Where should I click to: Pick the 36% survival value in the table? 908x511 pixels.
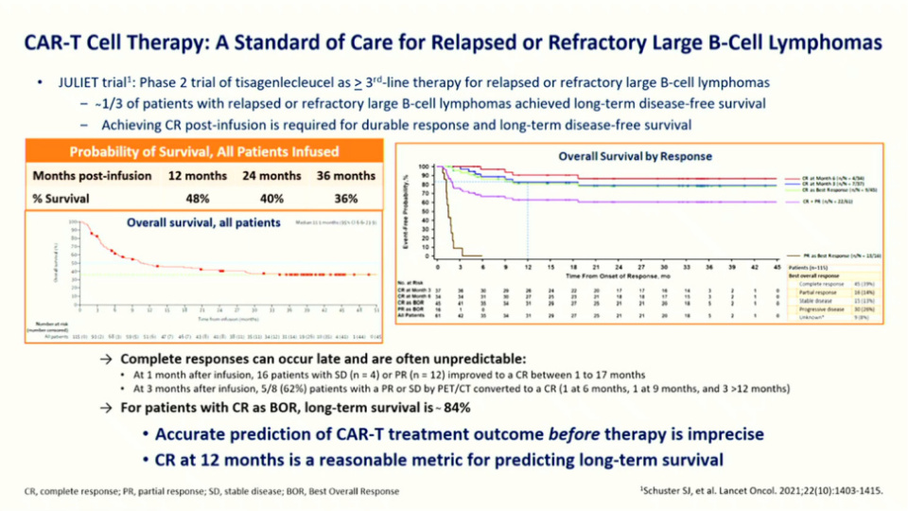(x=346, y=199)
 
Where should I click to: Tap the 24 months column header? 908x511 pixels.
(x=272, y=176)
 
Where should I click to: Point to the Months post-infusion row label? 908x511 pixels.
(x=92, y=176)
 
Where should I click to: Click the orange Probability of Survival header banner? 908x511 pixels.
(x=204, y=151)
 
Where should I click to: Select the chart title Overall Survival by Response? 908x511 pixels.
(x=635, y=156)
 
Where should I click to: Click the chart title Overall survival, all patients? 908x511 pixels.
(x=203, y=222)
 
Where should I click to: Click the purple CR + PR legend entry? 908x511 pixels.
(x=822, y=202)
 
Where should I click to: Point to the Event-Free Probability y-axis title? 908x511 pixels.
(x=406, y=208)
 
